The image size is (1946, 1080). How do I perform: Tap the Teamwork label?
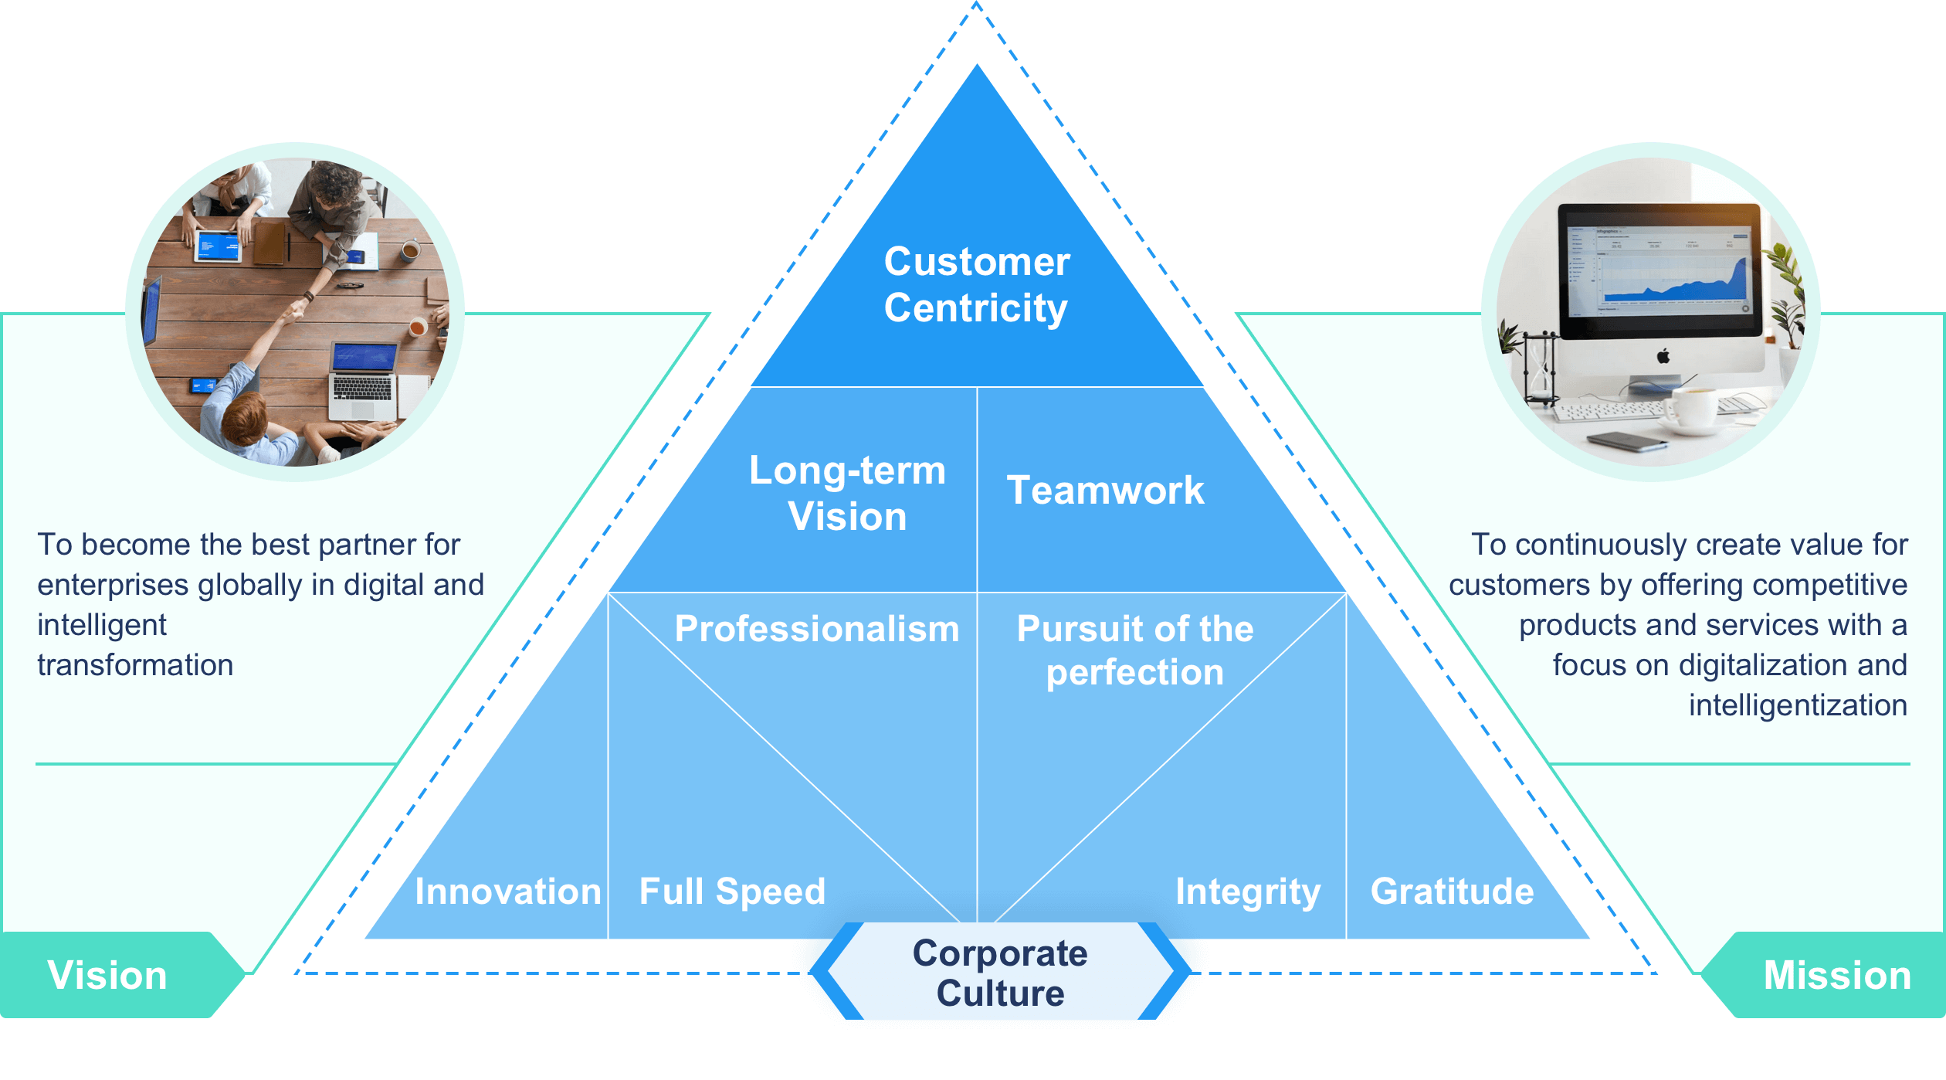coord(1105,490)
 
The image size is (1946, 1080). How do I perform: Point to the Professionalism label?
coord(816,628)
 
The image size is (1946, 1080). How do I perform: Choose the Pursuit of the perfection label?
coord(1134,650)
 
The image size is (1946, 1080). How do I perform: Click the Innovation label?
coord(507,891)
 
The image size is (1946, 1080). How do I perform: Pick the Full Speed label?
coord(732,891)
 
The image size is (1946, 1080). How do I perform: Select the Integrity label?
coord(1247,891)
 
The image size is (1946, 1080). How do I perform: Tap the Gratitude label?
coord(1452,891)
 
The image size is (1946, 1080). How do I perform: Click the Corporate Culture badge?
coord(1000,973)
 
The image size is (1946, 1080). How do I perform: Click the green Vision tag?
coord(108,975)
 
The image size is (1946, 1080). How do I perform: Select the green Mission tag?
coord(1836,975)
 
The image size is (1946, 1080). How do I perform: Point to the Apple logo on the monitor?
coord(1663,356)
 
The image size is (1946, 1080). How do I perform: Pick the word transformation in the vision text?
coord(135,665)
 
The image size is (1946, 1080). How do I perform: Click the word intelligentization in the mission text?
coord(1798,705)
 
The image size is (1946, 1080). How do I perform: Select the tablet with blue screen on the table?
coord(219,246)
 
